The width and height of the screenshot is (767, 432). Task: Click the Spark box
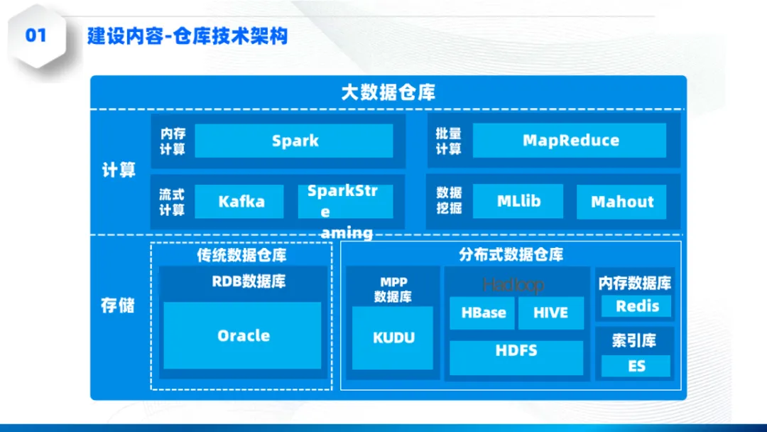(x=294, y=141)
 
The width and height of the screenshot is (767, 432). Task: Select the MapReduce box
(x=570, y=141)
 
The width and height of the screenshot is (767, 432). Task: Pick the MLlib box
(x=518, y=202)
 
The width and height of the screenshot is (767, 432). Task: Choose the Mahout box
(x=621, y=202)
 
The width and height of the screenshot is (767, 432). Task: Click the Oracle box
(x=243, y=335)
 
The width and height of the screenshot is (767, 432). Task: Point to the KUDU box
(x=393, y=337)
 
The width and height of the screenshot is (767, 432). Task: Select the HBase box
(x=483, y=313)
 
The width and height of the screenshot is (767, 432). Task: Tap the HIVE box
(x=550, y=313)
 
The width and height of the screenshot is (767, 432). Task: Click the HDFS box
(x=516, y=351)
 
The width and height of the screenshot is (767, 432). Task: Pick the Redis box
(x=636, y=306)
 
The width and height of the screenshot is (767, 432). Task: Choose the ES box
(x=636, y=366)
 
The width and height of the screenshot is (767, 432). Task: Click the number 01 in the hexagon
(x=36, y=35)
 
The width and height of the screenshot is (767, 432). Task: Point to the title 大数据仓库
(x=388, y=92)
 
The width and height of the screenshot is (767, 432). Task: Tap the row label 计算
(x=119, y=171)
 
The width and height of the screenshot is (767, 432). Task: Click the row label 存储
(x=117, y=306)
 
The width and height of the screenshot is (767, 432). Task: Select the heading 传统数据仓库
(x=241, y=255)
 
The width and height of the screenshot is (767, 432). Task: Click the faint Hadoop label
(x=513, y=285)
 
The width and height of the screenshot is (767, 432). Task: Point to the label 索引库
(x=634, y=341)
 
